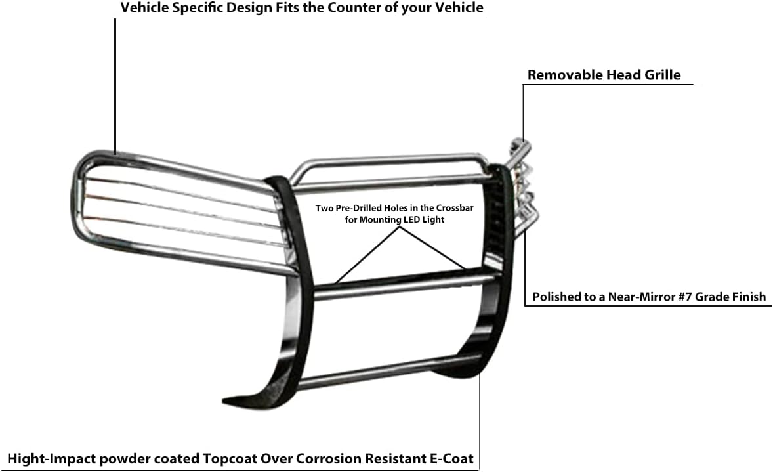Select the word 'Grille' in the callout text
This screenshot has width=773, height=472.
[660, 75]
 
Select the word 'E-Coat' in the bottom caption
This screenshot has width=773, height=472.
[451, 458]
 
